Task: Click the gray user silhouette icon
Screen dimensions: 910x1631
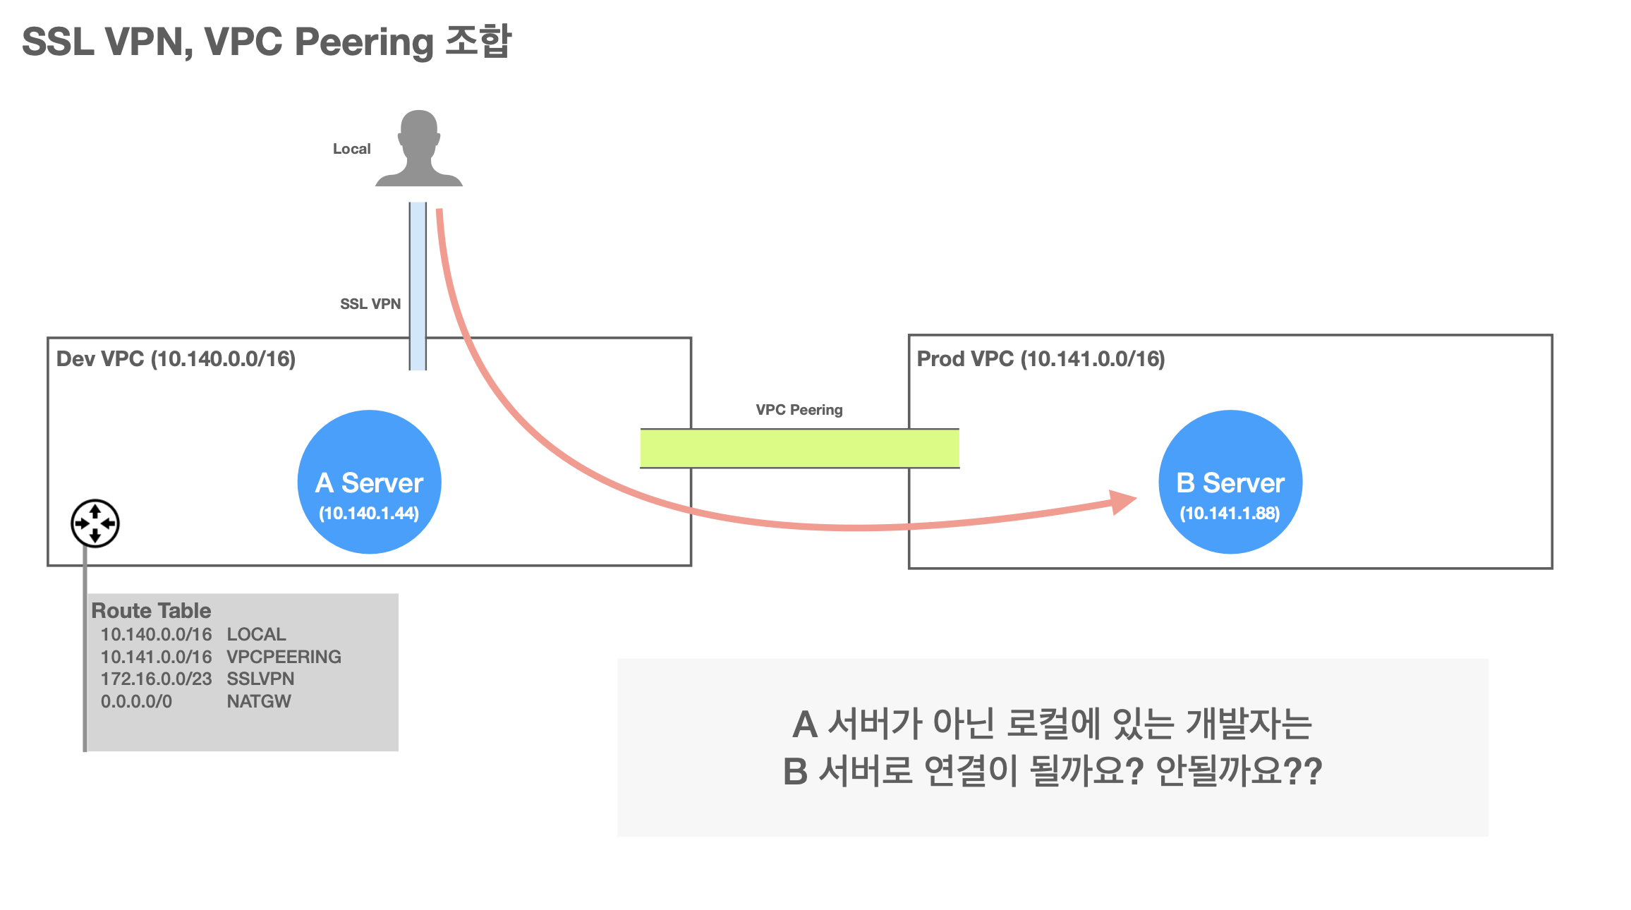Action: [418, 150]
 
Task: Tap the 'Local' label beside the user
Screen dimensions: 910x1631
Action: [351, 149]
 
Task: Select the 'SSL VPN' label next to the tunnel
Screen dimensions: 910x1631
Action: [370, 304]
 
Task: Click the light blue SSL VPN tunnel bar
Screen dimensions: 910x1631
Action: [418, 285]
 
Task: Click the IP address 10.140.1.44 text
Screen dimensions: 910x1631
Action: [369, 514]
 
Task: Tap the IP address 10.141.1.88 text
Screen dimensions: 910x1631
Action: [1230, 514]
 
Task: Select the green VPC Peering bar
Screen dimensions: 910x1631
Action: [799, 449]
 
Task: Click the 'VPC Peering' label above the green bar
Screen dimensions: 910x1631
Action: [799, 410]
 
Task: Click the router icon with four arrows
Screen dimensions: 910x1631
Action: [95, 523]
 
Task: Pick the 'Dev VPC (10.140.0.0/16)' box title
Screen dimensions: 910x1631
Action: [176, 359]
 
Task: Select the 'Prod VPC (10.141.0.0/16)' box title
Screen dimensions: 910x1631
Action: [1041, 359]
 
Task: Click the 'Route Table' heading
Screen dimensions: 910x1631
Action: [151, 610]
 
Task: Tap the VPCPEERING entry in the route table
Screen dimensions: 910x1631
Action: [284, 657]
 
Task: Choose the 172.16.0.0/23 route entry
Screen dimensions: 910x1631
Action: [156, 679]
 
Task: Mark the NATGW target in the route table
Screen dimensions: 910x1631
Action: [258, 701]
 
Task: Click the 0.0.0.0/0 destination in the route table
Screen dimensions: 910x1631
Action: [136, 701]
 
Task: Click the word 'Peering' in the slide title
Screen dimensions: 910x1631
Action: [364, 42]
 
